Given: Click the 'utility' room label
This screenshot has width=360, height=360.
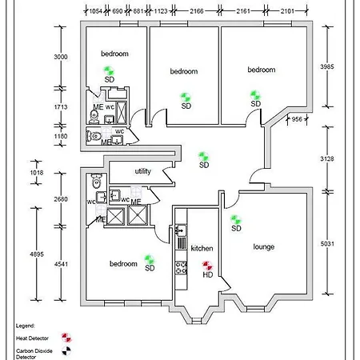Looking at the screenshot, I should (x=143, y=171).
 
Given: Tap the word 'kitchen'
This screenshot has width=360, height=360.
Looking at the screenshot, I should (x=202, y=249).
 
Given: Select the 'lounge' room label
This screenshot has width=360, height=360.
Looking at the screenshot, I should (x=263, y=247).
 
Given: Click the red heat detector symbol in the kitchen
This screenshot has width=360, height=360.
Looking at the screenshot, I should (x=206, y=266).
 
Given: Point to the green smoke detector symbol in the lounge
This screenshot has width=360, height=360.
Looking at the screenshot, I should (x=235, y=219).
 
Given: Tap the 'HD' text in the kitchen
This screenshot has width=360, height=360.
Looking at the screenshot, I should (x=207, y=275).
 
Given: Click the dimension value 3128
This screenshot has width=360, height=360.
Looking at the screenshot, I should (x=329, y=158).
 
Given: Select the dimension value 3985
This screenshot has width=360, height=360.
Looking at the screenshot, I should (x=329, y=66).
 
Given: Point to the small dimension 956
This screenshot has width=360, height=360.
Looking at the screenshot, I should (x=296, y=119).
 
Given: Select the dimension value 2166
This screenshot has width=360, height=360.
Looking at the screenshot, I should (x=192, y=11).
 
